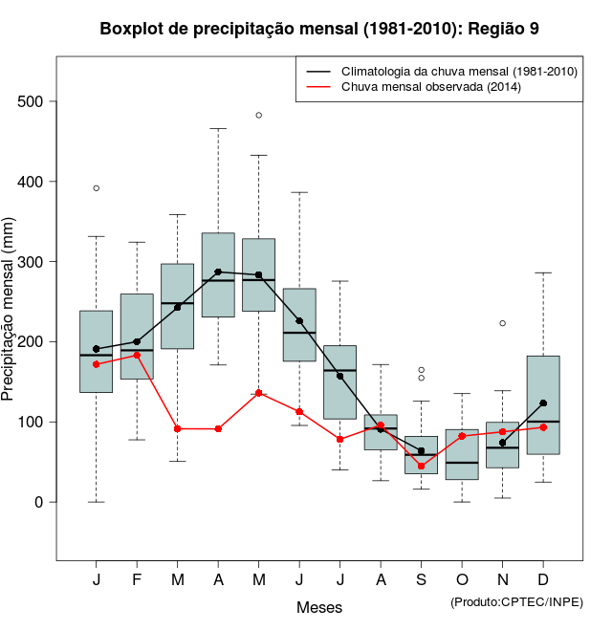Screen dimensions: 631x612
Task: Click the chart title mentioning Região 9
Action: coord(319,29)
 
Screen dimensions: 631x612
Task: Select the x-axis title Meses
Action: coord(319,608)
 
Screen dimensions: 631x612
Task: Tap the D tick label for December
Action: coord(543,579)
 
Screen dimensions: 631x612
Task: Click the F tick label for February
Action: coord(137,579)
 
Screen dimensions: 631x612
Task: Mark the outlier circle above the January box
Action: coord(97,188)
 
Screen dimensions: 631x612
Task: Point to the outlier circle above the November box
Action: coord(502,323)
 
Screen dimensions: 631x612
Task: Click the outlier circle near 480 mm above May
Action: coord(259,115)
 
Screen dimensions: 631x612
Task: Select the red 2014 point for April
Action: coord(218,429)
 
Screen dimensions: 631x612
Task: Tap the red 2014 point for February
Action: coord(137,355)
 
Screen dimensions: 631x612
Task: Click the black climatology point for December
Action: coord(543,403)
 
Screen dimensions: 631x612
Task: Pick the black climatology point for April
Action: coord(218,272)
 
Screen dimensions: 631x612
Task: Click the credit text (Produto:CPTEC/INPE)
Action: coord(516,601)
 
